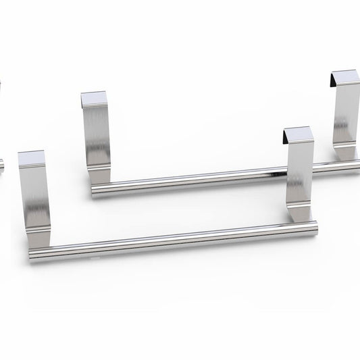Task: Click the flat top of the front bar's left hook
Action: tap(32, 159)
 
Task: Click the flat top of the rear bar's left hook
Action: tap(92, 99)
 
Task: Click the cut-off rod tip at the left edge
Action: tap(1, 163)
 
